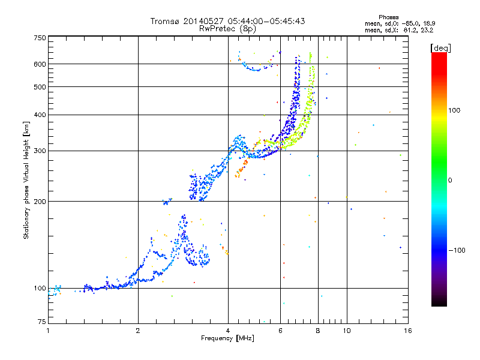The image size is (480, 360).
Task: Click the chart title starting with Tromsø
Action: click(x=228, y=21)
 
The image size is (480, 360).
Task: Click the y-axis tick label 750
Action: click(x=40, y=38)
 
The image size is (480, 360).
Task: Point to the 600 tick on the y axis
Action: click(x=40, y=64)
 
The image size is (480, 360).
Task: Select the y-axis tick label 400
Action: click(x=40, y=115)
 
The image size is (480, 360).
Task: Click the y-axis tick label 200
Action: click(x=40, y=202)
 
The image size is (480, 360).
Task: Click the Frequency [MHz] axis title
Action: click(x=228, y=338)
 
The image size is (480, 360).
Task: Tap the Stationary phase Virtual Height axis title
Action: click(x=26, y=180)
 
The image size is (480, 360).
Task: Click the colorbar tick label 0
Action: click(x=451, y=180)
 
